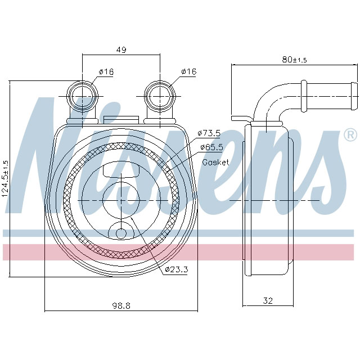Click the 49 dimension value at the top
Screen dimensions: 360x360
click(x=121, y=50)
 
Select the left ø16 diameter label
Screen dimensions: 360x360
click(x=106, y=71)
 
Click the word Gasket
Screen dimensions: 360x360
click(x=215, y=162)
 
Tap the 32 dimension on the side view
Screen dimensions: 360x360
click(x=268, y=301)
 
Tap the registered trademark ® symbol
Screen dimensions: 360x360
click(x=349, y=135)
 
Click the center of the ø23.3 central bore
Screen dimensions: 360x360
click(x=121, y=200)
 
